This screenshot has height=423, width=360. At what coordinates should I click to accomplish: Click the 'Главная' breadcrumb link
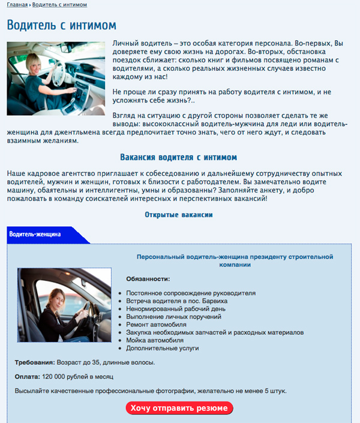coord(17,5)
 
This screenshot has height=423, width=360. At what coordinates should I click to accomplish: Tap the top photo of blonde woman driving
coord(56,78)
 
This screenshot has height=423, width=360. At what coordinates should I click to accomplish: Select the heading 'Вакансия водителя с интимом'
coord(179,157)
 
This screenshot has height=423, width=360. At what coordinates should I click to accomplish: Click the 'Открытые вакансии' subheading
coord(179,214)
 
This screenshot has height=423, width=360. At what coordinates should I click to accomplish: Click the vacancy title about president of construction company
coord(235,260)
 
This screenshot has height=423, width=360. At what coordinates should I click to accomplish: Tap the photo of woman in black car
coord(64,305)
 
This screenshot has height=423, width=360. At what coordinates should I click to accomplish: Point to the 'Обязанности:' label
coord(148,279)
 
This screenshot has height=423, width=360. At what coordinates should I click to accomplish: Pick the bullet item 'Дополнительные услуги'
coord(163,348)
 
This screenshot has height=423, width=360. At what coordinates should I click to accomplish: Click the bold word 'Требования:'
coord(35,362)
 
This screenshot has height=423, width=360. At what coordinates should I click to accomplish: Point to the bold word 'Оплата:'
coord(27,377)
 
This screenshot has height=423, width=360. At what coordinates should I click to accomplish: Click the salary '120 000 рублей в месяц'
coord(78,377)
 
